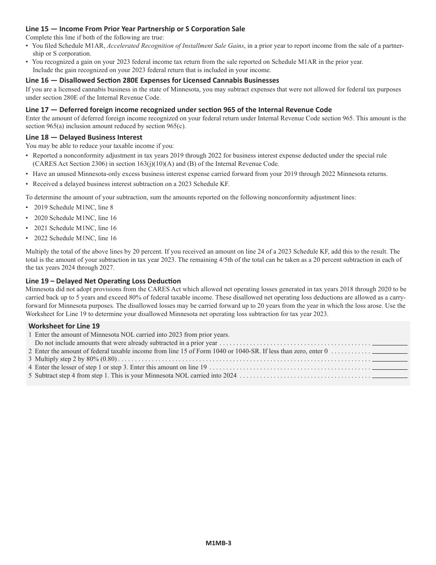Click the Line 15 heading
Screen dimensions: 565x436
[x=135, y=29]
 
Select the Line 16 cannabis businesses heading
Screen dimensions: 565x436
[x=152, y=80]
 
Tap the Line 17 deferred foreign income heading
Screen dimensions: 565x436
[x=179, y=109]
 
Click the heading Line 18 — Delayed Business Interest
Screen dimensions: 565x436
[x=84, y=137]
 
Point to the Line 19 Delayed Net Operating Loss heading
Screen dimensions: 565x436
[x=103, y=281]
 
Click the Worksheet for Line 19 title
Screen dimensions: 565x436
[x=64, y=326]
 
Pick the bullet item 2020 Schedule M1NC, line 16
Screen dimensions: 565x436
[x=75, y=218]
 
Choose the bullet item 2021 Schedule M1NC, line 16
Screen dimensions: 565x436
[x=75, y=228]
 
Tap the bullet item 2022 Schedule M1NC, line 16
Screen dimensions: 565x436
[x=75, y=238]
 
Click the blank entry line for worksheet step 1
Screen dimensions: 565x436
[x=390, y=343]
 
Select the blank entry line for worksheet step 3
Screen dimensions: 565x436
[x=390, y=359]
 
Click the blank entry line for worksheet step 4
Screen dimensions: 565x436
[x=390, y=367]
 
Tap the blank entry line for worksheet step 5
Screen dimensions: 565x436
[x=390, y=376]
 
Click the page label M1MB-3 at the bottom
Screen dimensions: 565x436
[x=218, y=543]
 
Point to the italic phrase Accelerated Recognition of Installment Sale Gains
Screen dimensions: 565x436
[x=176, y=45]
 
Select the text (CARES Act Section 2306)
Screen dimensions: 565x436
[x=68, y=164]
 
